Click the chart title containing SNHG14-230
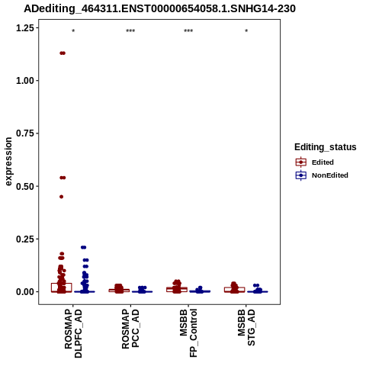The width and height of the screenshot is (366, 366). tap(159, 9)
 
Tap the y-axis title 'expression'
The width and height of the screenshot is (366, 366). tap(8, 162)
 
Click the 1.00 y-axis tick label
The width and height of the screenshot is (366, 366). tap(25, 81)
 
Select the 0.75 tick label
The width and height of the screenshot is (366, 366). tap(25, 133)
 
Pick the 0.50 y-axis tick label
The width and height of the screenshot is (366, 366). tap(25, 186)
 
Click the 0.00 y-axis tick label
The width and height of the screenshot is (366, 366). tap(25, 292)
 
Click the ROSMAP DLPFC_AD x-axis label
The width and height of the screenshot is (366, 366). tap(73, 333)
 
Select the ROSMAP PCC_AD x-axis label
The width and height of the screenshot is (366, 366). tap(130, 329)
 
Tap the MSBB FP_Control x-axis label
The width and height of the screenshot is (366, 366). tap(188, 333)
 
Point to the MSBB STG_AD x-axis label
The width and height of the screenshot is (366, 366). tap(246, 327)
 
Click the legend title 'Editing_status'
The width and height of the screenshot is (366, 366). tap(326, 147)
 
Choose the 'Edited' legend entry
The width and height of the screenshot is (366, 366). tap(314, 162)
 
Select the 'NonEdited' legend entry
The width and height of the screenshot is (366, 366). tap(322, 175)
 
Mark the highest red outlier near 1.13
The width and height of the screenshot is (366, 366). tap(63, 53)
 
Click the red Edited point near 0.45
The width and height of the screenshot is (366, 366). tap(61, 197)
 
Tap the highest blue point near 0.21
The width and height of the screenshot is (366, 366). tap(84, 247)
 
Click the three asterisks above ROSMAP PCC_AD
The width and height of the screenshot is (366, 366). tap(130, 31)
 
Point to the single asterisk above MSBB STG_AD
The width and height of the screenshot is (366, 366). tap(246, 31)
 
